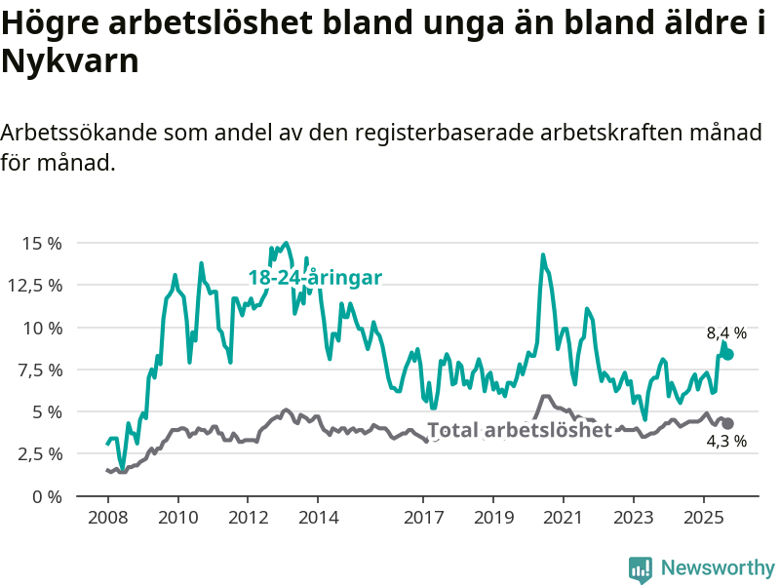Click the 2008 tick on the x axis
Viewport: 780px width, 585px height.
[x=106, y=515]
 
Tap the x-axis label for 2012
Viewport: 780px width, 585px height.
[x=248, y=515]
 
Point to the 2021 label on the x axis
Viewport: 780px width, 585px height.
[x=564, y=515]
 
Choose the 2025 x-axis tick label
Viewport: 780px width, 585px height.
[x=704, y=515]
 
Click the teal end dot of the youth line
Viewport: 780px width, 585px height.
[x=728, y=354]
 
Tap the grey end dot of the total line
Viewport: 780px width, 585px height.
[x=728, y=423]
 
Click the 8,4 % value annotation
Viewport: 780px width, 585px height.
[x=726, y=333]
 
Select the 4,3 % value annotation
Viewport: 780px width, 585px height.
[x=726, y=442]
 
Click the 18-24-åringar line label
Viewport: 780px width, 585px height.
[x=315, y=278]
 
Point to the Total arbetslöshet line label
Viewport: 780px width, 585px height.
[x=520, y=430]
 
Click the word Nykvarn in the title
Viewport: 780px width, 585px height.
[x=70, y=62]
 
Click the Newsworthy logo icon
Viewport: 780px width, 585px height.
[x=641, y=567]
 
